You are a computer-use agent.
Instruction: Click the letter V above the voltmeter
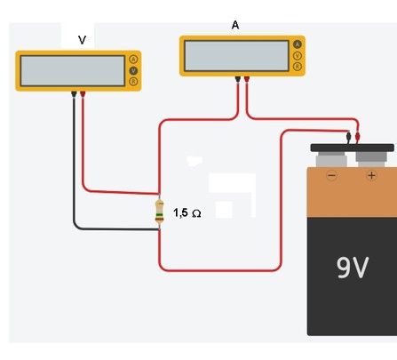82,40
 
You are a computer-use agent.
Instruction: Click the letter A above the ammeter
235,25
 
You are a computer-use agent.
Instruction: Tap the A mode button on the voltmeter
133,60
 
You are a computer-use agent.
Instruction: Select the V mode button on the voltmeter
133,70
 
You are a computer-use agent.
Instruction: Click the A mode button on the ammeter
298,44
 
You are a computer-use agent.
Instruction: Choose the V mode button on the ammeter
298,55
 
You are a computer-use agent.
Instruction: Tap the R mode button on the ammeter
298,67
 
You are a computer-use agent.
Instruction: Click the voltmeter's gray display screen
73,71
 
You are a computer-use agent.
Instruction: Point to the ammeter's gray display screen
236,56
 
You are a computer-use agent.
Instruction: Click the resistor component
160,212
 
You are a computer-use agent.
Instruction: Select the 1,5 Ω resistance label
187,212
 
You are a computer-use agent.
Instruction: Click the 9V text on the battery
353,268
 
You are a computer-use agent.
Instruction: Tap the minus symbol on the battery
331,176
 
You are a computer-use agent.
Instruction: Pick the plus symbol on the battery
371,175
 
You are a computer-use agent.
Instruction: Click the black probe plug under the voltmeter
74,94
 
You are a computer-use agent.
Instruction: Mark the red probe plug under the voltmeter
83,94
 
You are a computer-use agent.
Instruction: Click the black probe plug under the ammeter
238,79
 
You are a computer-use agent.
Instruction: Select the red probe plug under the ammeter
246,79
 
